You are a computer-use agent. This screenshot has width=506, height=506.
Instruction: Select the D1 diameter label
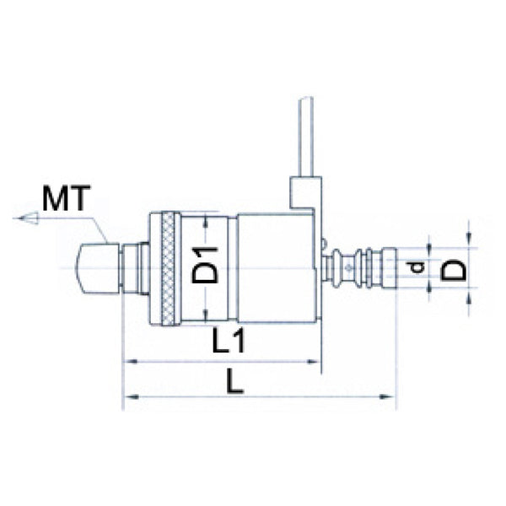205,265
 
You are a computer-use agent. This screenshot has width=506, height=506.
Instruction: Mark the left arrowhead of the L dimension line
129,396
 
